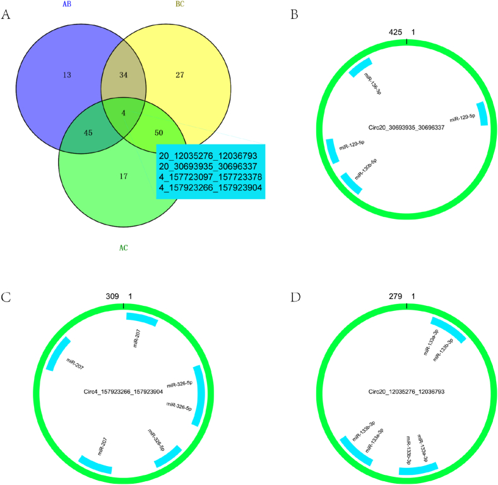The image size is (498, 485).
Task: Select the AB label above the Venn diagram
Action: click(x=65, y=4)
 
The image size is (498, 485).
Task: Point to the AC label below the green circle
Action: click(x=124, y=248)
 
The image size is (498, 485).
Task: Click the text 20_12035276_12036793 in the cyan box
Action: click(x=210, y=155)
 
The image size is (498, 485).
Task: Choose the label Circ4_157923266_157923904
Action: click(x=124, y=392)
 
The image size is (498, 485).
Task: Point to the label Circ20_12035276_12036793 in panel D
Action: click(x=406, y=392)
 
